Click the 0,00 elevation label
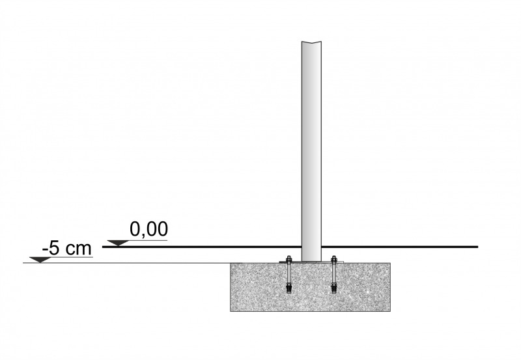(149, 229)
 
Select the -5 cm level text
(67, 248)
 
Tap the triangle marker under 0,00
(119, 243)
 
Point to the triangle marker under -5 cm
(40, 260)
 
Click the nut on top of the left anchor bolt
(289, 258)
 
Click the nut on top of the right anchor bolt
(334, 258)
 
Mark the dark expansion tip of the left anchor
(289, 288)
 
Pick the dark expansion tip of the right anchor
(334, 288)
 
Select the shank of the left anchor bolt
(289, 272)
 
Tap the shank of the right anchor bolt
(334, 272)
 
